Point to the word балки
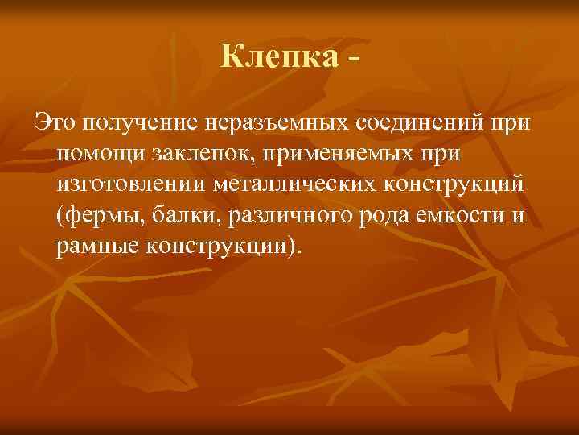tap(181, 215)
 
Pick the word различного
tap(278, 215)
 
